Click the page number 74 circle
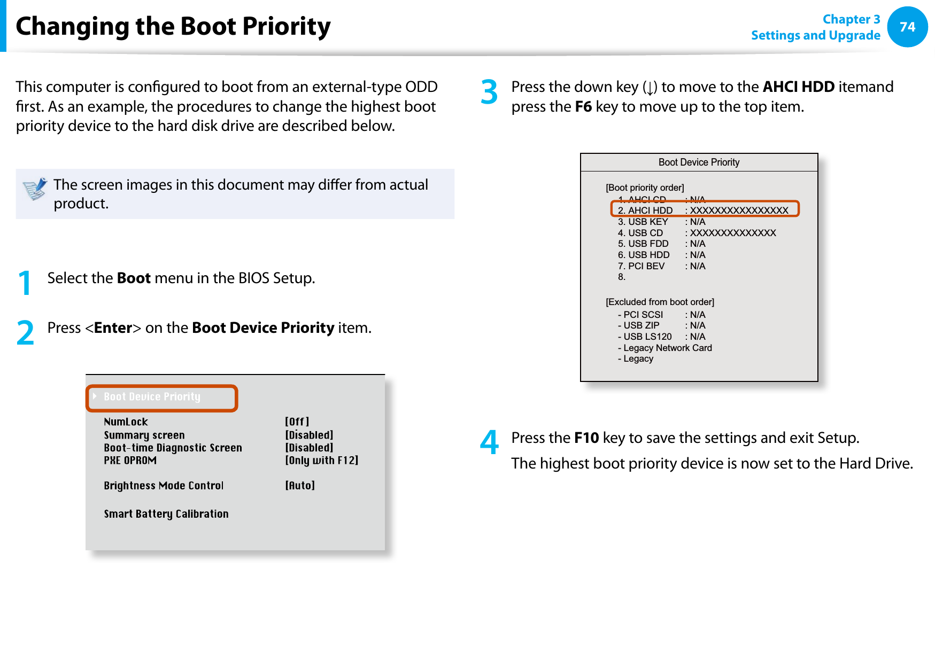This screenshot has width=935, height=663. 907,27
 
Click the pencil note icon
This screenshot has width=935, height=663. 35,189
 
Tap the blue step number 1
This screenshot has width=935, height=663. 25,283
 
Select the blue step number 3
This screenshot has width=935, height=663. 489,92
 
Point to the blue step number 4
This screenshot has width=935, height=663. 489,442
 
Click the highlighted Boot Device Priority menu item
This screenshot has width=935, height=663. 152,397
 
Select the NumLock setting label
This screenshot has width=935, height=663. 126,422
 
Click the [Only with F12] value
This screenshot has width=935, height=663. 321,461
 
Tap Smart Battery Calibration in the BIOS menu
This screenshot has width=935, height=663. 166,514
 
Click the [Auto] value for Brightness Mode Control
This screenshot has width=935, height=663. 300,486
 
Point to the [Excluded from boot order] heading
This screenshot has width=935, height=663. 660,302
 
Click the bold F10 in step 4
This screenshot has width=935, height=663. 586,438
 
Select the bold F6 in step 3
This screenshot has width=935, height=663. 583,107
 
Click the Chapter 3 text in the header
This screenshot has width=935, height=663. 851,19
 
